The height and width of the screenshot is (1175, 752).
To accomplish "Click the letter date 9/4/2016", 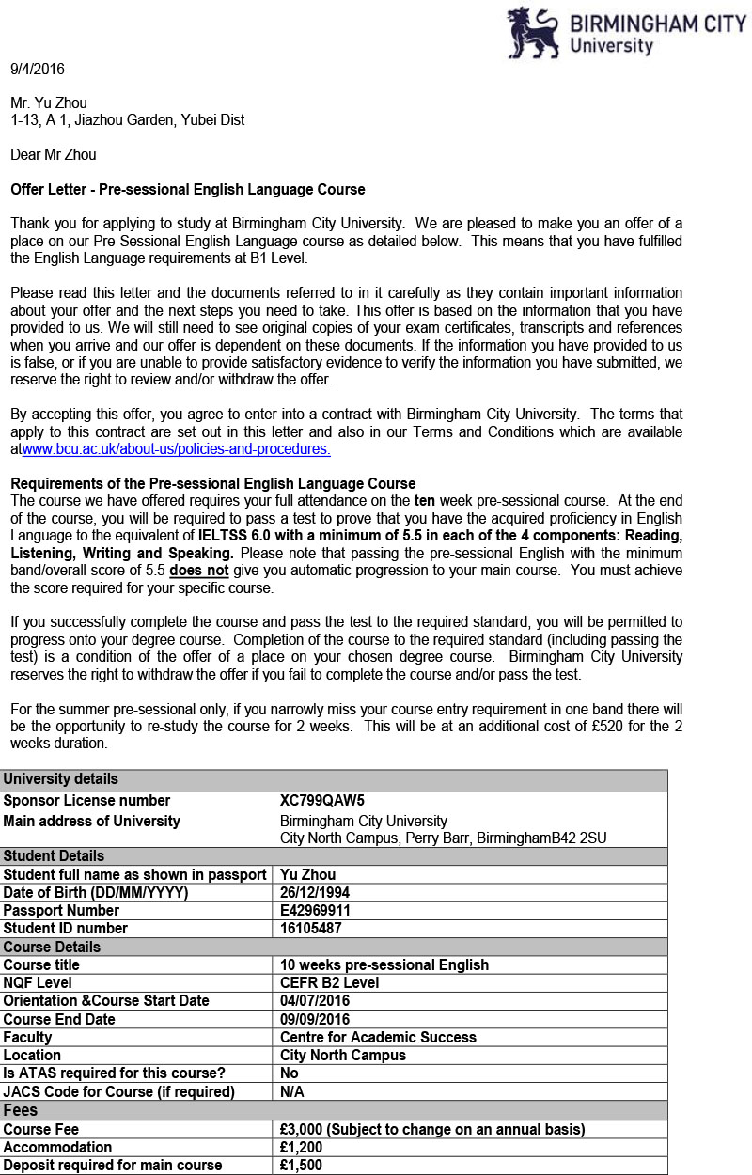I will (38, 69).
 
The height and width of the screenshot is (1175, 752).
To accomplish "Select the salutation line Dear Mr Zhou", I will (53, 154).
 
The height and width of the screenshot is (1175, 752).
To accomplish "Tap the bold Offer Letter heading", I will (187, 189).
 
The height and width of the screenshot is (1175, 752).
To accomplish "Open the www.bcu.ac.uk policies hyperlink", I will (176, 449).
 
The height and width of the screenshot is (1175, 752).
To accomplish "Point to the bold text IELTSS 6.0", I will (236, 536).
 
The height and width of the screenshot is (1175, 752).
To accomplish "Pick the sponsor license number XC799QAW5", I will (321, 801).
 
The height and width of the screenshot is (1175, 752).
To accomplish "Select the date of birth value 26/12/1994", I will (315, 892).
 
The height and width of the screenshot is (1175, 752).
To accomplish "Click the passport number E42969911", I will (316, 910).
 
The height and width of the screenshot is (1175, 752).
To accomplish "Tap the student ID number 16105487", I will (310, 928).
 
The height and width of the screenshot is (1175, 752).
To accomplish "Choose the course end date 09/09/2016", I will (315, 1019).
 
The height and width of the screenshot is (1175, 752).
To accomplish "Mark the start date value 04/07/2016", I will (315, 1000).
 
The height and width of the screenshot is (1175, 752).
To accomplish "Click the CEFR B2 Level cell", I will (330, 982).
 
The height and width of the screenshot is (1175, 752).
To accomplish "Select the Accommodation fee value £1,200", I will (303, 1147).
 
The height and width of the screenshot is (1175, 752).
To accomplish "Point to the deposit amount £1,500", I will (303, 1165).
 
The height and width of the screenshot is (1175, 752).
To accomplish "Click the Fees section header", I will (20, 1110).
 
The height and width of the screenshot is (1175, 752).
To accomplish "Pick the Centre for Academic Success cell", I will (378, 1037).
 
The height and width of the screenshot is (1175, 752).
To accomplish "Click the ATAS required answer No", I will (290, 1073).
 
